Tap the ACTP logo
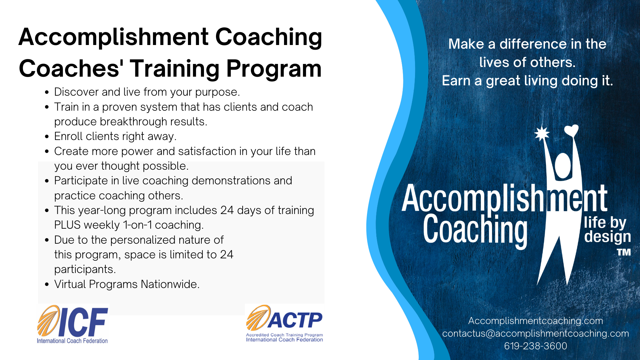click(x=284, y=323)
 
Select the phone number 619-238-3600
click(x=535, y=346)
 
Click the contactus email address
click(x=535, y=333)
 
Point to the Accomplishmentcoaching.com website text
click(x=535, y=321)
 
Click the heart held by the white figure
click(x=571, y=130)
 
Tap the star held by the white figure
click(x=542, y=134)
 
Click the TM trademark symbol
click(x=624, y=252)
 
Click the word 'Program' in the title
click(x=274, y=69)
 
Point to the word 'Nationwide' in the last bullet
click(x=170, y=284)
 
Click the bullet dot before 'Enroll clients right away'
click(x=47, y=137)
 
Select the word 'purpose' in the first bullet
click(x=217, y=92)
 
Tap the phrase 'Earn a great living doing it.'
click(x=527, y=81)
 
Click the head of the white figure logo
click(x=563, y=165)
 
